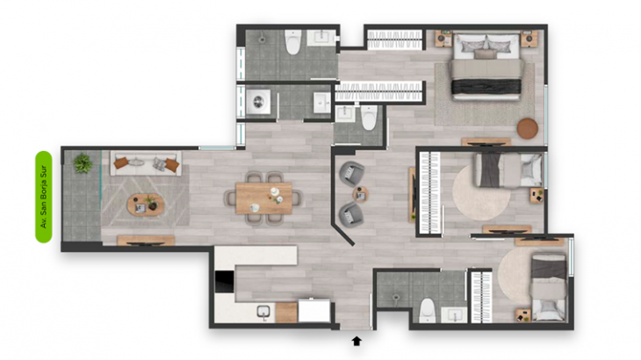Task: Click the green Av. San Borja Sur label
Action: click(x=44, y=197)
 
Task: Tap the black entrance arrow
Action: click(x=357, y=341)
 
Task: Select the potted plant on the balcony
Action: click(x=83, y=163)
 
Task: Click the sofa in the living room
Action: click(x=146, y=163)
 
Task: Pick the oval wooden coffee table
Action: click(x=146, y=205)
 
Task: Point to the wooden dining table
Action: click(x=264, y=198)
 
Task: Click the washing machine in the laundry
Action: click(x=258, y=102)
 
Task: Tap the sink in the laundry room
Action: click(x=322, y=103)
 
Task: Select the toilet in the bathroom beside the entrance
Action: click(x=428, y=310)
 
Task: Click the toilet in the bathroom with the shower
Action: click(x=293, y=41)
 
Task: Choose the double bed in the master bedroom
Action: click(x=486, y=67)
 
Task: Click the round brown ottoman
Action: click(x=528, y=128)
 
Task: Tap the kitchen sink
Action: click(x=263, y=312)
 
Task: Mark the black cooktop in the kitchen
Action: click(x=225, y=282)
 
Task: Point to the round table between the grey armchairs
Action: click(x=361, y=195)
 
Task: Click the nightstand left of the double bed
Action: click(x=443, y=39)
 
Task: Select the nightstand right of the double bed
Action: click(x=529, y=39)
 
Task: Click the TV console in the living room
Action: click(x=146, y=241)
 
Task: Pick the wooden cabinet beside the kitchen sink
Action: click(x=286, y=313)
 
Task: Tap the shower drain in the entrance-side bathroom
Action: click(x=395, y=298)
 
